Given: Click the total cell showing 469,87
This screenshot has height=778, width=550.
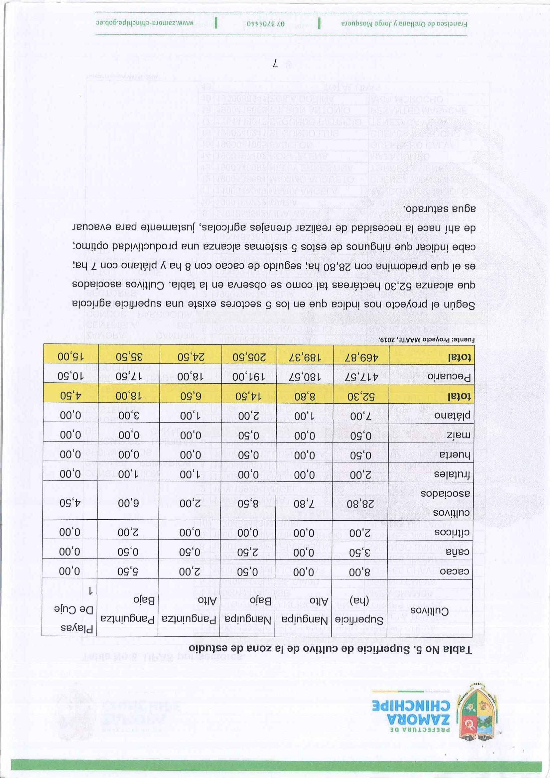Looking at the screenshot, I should click(x=361, y=357).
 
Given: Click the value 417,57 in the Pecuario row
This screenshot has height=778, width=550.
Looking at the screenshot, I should click(x=360, y=376).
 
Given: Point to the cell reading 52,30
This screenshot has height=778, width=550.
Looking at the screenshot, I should click(x=360, y=395).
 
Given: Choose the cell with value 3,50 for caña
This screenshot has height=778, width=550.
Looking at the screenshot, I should click(x=360, y=551).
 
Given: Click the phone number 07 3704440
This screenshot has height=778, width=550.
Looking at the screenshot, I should click(x=267, y=24).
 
